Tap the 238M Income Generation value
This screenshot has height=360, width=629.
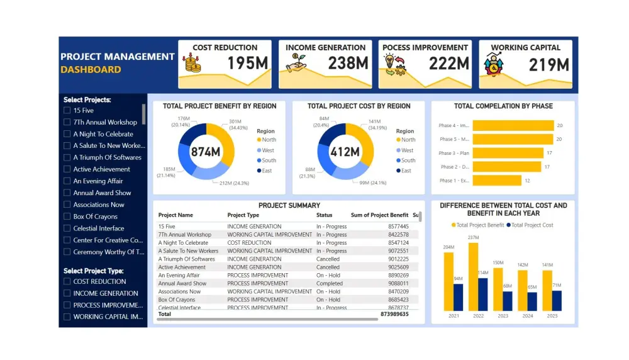(x=348, y=64)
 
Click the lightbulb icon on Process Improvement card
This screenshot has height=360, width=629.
(x=390, y=60)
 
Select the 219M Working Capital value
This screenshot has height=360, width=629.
(x=548, y=64)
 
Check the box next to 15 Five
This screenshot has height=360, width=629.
(x=67, y=111)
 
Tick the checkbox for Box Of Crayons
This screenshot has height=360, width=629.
(x=67, y=217)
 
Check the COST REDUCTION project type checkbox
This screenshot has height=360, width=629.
(x=67, y=282)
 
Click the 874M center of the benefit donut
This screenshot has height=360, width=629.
(x=206, y=152)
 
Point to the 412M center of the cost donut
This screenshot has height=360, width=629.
(x=345, y=152)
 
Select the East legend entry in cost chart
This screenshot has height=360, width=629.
(x=406, y=171)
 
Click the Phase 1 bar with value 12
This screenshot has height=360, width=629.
(x=497, y=181)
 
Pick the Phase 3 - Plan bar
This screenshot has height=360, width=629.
(x=508, y=153)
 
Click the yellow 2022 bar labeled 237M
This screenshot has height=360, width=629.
(x=473, y=277)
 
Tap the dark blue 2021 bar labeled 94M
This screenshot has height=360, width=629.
(x=458, y=297)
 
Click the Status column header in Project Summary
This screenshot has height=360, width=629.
(x=324, y=215)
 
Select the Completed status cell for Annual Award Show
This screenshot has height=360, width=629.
(x=330, y=283)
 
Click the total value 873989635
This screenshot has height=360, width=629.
(x=394, y=313)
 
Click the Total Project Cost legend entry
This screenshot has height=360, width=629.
(x=532, y=225)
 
